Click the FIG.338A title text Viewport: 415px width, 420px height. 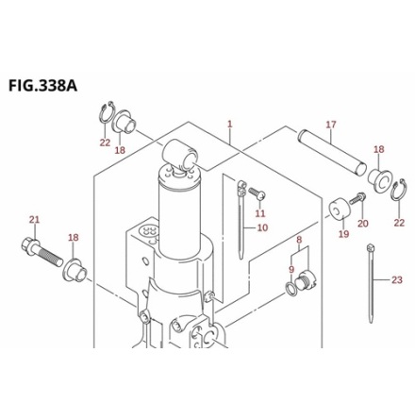coord(42,86)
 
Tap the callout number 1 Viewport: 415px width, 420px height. coord(230,124)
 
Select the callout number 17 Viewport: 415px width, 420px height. coord(331,125)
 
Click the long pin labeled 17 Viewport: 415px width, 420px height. coord(332,152)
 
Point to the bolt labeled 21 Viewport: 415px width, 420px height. coord(42,252)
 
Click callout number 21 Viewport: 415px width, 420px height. coord(35,219)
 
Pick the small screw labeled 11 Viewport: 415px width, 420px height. coord(257,193)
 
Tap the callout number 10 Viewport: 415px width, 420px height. coord(262,227)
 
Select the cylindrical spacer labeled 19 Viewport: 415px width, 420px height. coord(340,210)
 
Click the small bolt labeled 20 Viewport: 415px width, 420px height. coord(357,199)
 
